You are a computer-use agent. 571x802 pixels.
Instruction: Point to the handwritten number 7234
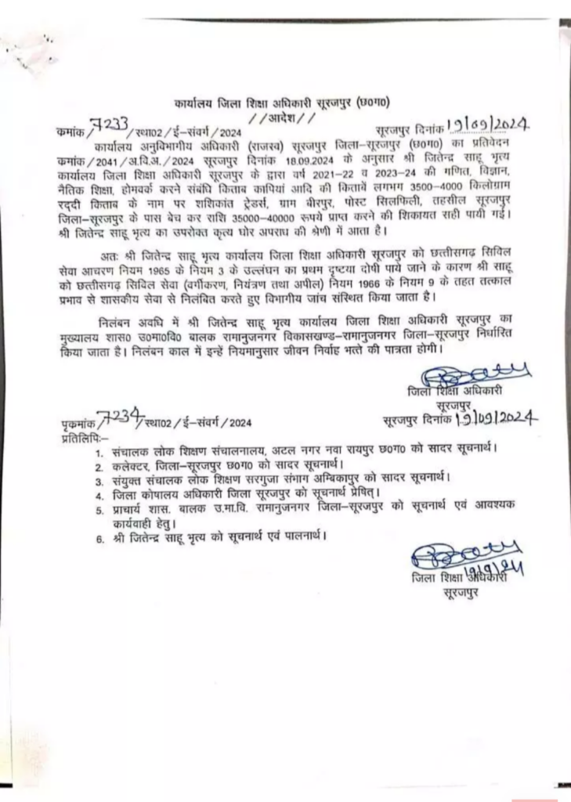click(x=117, y=417)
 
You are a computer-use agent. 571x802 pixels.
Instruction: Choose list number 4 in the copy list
click(x=99, y=494)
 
